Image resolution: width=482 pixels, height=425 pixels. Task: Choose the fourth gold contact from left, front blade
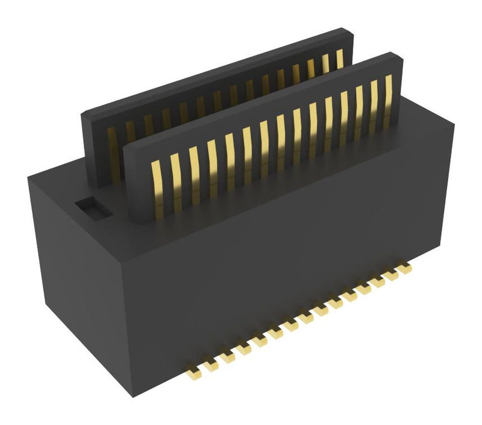pos(211,167)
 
